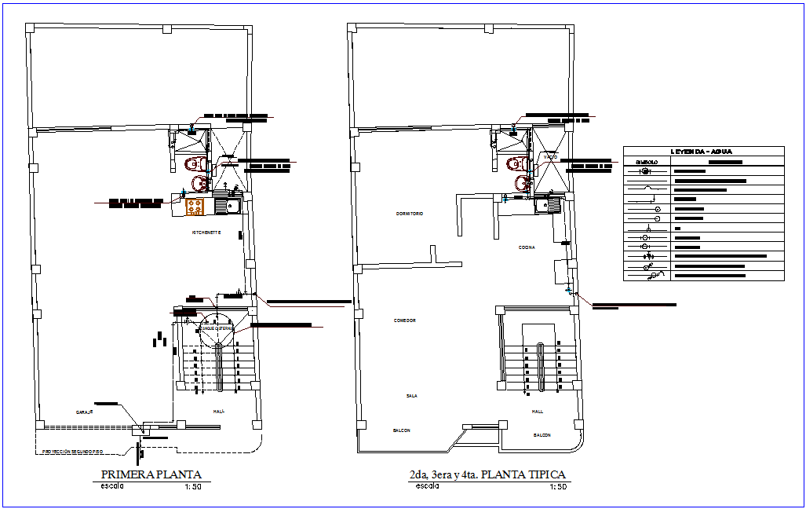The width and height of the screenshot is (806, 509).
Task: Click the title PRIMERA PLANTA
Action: [151, 474]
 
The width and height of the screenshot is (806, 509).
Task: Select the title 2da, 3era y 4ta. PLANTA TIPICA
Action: [487, 474]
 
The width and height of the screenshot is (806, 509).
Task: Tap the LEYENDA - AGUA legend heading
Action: [703, 152]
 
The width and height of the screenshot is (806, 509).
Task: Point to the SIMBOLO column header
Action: [647, 163]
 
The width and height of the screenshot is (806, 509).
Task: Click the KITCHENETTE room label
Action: [206, 233]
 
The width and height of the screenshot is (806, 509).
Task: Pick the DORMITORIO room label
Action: [410, 214]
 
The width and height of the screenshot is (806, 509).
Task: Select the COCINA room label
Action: [527, 247]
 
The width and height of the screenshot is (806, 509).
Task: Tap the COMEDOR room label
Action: [405, 320]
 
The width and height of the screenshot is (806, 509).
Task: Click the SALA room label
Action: [411, 396]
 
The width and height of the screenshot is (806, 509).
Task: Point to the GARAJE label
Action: [85, 412]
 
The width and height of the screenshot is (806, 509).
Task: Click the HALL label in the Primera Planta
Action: [218, 411]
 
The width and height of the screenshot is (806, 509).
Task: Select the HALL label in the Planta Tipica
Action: [538, 411]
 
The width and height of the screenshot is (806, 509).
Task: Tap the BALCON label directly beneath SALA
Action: [401, 430]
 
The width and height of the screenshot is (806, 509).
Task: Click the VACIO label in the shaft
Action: [550, 158]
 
